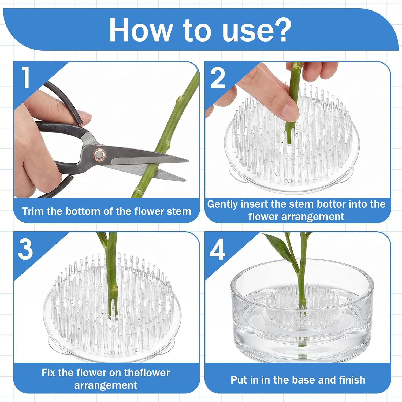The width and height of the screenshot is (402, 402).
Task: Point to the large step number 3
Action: click(x=25, y=249)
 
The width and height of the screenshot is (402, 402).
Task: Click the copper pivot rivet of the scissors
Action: click(x=99, y=154)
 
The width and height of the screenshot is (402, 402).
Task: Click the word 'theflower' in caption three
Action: click(x=147, y=373)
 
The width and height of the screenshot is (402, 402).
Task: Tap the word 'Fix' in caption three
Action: click(x=49, y=373)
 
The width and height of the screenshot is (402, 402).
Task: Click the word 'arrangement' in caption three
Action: click(x=106, y=385)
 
